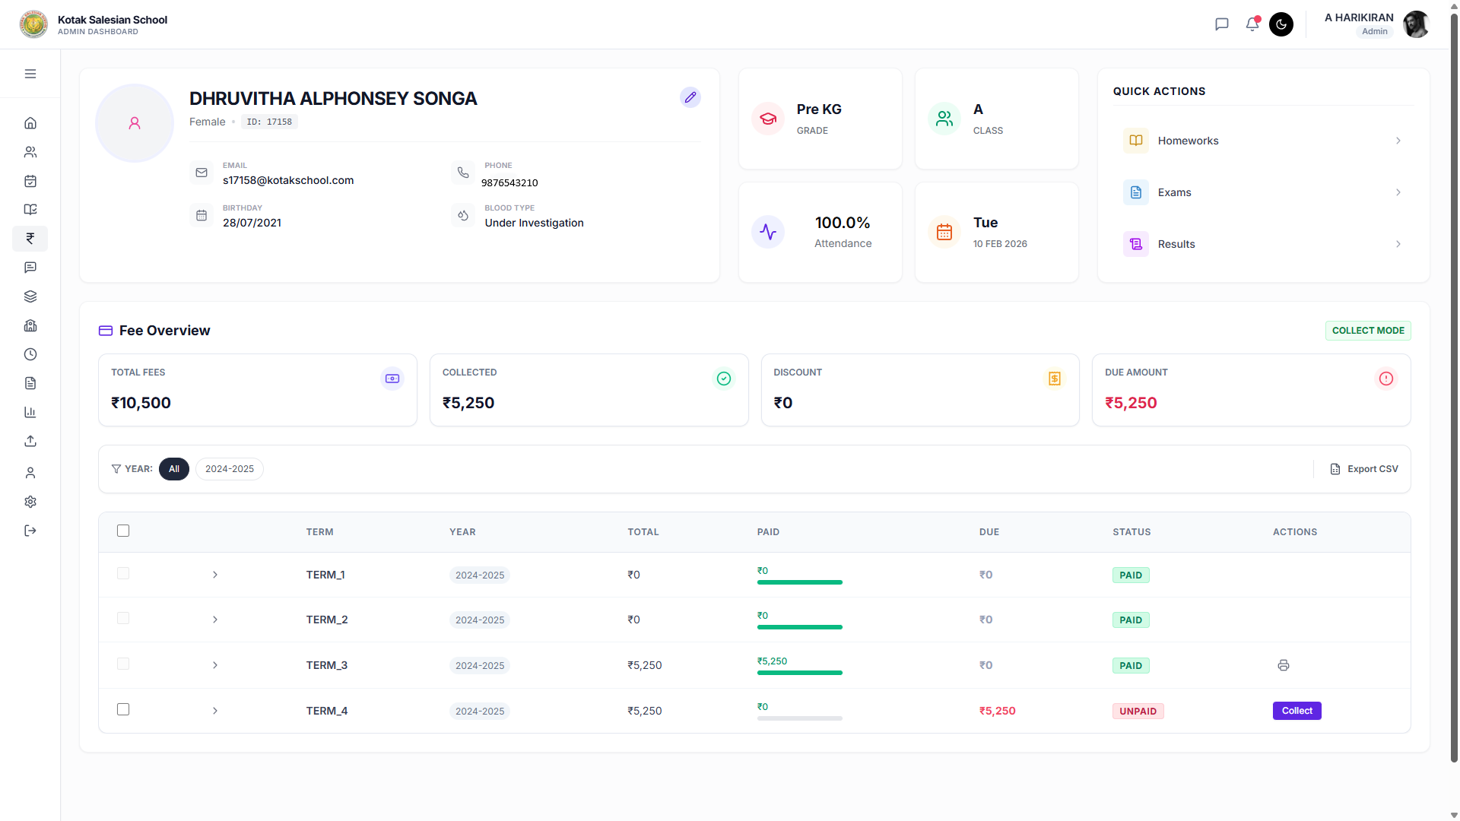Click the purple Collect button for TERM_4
(1297, 711)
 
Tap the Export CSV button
(1364, 469)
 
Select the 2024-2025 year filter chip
(229, 469)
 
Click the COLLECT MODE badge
(1367, 331)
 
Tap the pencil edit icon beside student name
(690, 97)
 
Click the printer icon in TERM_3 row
(1283, 665)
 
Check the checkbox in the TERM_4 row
(123, 709)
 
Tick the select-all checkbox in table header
(123, 531)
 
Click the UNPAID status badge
(1138, 712)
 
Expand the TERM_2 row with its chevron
(215, 620)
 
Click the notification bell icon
(1252, 24)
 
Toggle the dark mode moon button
(1281, 24)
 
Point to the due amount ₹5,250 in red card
(1131, 403)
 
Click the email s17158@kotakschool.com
(288, 180)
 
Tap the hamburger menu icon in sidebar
(30, 74)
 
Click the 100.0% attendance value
(843, 223)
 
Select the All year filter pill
(174, 469)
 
